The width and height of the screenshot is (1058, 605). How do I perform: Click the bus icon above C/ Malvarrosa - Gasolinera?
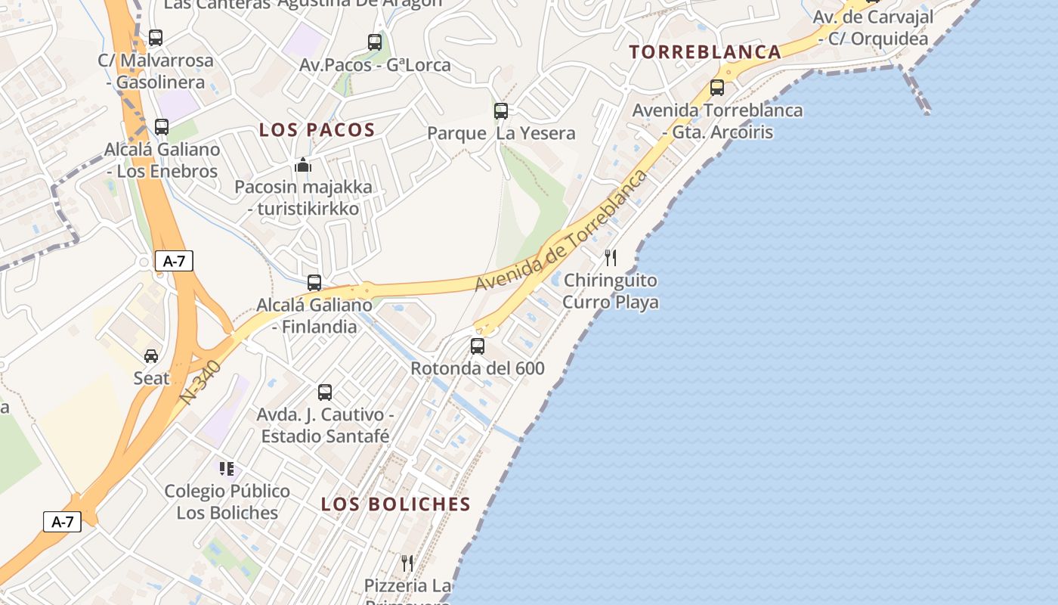click(156, 37)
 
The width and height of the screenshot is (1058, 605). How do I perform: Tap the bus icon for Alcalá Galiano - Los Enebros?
click(162, 126)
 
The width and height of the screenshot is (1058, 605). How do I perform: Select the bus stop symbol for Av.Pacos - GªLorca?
click(375, 42)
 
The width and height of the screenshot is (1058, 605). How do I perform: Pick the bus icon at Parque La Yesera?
click(501, 111)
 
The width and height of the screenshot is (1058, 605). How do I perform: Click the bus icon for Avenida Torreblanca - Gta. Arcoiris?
click(717, 88)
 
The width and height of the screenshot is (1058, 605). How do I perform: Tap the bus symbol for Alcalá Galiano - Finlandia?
click(314, 283)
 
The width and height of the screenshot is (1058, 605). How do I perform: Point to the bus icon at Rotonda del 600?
click(478, 346)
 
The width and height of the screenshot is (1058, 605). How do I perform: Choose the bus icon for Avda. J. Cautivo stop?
click(325, 392)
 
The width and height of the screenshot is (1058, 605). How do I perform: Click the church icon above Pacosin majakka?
click(303, 164)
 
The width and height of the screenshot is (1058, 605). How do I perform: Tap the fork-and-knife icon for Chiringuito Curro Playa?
click(611, 258)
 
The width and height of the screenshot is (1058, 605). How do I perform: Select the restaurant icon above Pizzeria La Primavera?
click(407, 563)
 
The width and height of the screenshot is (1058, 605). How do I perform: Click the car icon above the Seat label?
click(151, 355)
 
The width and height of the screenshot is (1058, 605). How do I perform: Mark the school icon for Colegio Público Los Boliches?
click(227, 469)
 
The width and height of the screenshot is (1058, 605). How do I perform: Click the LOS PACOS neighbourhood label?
click(317, 130)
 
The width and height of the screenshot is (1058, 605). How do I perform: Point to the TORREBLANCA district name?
click(705, 52)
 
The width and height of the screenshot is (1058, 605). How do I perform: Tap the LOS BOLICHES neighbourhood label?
click(396, 504)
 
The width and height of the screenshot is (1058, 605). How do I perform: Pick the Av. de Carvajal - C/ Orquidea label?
click(873, 27)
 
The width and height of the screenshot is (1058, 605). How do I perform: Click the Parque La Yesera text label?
click(501, 134)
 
